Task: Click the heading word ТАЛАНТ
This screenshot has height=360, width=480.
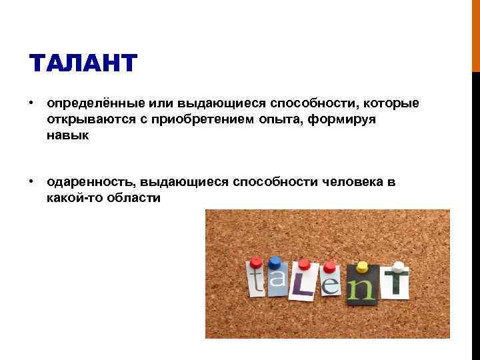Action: tap(83, 65)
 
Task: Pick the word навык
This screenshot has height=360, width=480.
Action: tap(67, 135)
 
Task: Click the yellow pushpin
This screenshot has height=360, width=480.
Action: tap(362, 267)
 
